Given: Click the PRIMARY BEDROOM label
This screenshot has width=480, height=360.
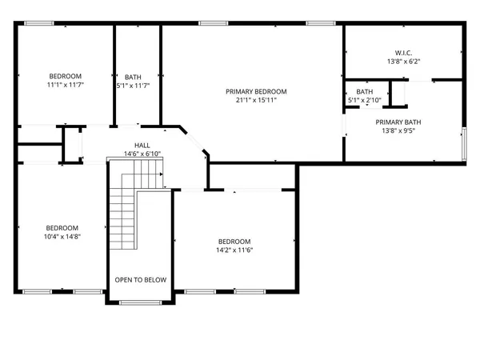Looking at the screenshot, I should pyautogui.click(x=256, y=91).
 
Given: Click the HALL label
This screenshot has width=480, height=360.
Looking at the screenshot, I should pyautogui.click(x=142, y=145).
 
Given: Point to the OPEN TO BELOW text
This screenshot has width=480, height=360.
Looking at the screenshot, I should pyautogui.click(x=140, y=280).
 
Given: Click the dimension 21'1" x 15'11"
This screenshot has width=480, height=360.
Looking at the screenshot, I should pyautogui.click(x=256, y=101).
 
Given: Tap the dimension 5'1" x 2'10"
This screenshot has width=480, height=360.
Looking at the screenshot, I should pyautogui.click(x=364, y=101).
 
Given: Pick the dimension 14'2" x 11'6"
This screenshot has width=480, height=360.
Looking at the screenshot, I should pyautogui.click(x=234, y=250).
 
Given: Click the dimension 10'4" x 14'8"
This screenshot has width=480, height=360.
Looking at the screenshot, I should pyautogui.click(x=62, y=236).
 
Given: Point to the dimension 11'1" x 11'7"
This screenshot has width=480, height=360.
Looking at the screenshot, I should pyautogui.click(x=66, y=85).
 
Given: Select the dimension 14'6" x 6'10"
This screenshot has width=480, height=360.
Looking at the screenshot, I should pyautogui.click(x=142, y=154).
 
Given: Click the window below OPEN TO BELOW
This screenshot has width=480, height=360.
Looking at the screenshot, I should pyautogui.click(x=140, y=302).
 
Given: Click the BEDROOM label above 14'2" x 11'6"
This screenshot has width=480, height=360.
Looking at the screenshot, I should pyautogui.click(x=234, y=242).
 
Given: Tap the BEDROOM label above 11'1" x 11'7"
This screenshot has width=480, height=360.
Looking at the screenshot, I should pyautogui.click(x=66, y=76).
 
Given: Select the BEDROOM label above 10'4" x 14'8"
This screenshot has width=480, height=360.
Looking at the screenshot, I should pyautogui.click(x=62, y=227).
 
